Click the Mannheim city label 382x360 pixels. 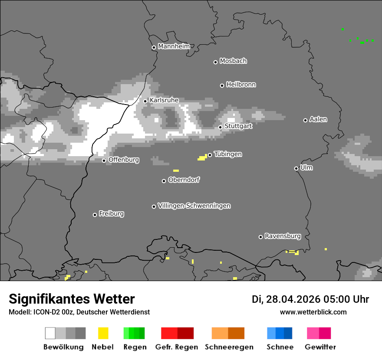pos(174,46)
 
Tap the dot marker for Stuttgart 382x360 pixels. pos(221,127)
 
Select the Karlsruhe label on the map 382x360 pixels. pos(164,100)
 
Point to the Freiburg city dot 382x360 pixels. pos(95,215)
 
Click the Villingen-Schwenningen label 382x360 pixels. pos(194,206)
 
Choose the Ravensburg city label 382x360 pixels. pos(283,236)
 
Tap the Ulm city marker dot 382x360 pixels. pos(296,168)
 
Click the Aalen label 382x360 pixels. pos(318,119)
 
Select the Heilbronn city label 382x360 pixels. pos(241,85)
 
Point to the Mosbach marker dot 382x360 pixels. pos(215,62)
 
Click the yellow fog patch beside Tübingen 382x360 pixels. pos(202,158)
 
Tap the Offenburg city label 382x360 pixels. pos(124,160)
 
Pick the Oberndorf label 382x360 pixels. pos(184,180)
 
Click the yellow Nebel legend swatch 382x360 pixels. pos(103,333)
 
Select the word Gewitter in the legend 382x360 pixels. pos(320,347)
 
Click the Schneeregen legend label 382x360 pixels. pos(229,347)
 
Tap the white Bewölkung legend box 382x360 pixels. pos(50,333)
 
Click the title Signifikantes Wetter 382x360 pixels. pos(72,299)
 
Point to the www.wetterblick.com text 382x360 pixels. pos(313,312)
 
